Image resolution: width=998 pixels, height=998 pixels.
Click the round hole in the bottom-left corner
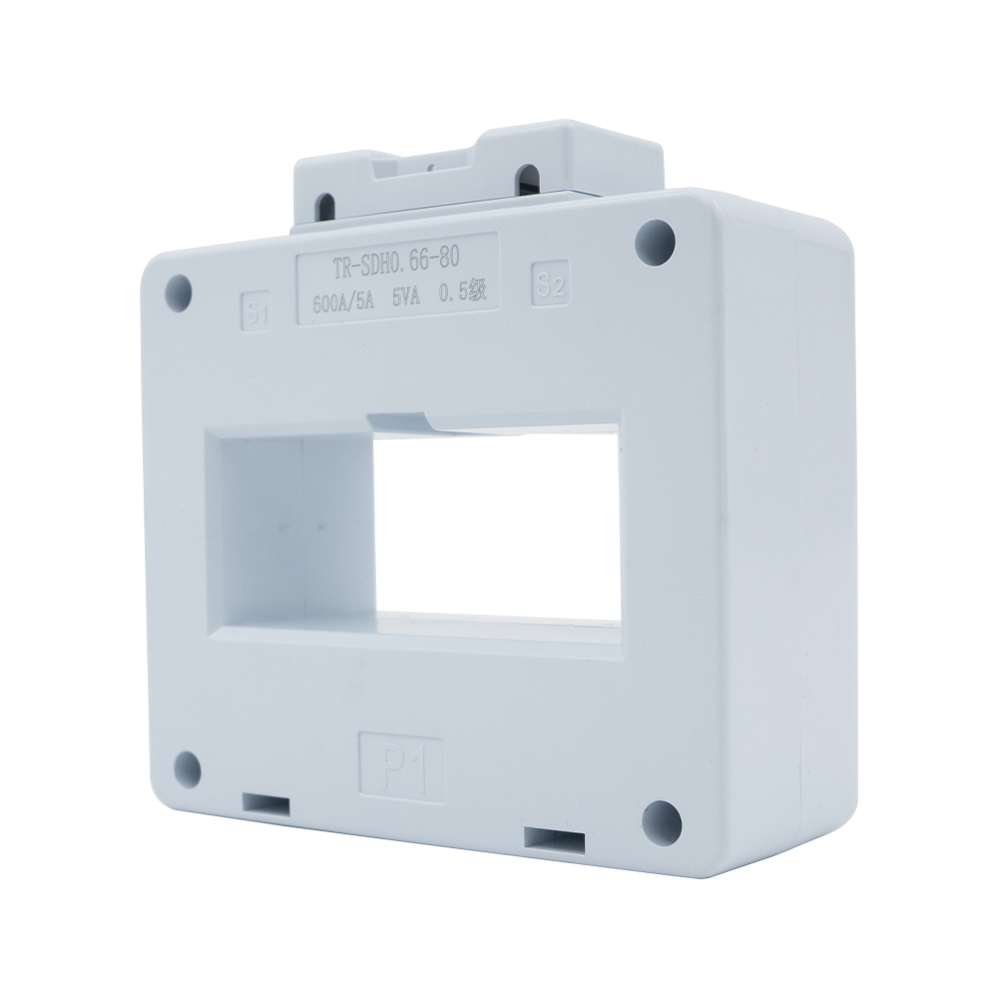[x=185, y=766]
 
